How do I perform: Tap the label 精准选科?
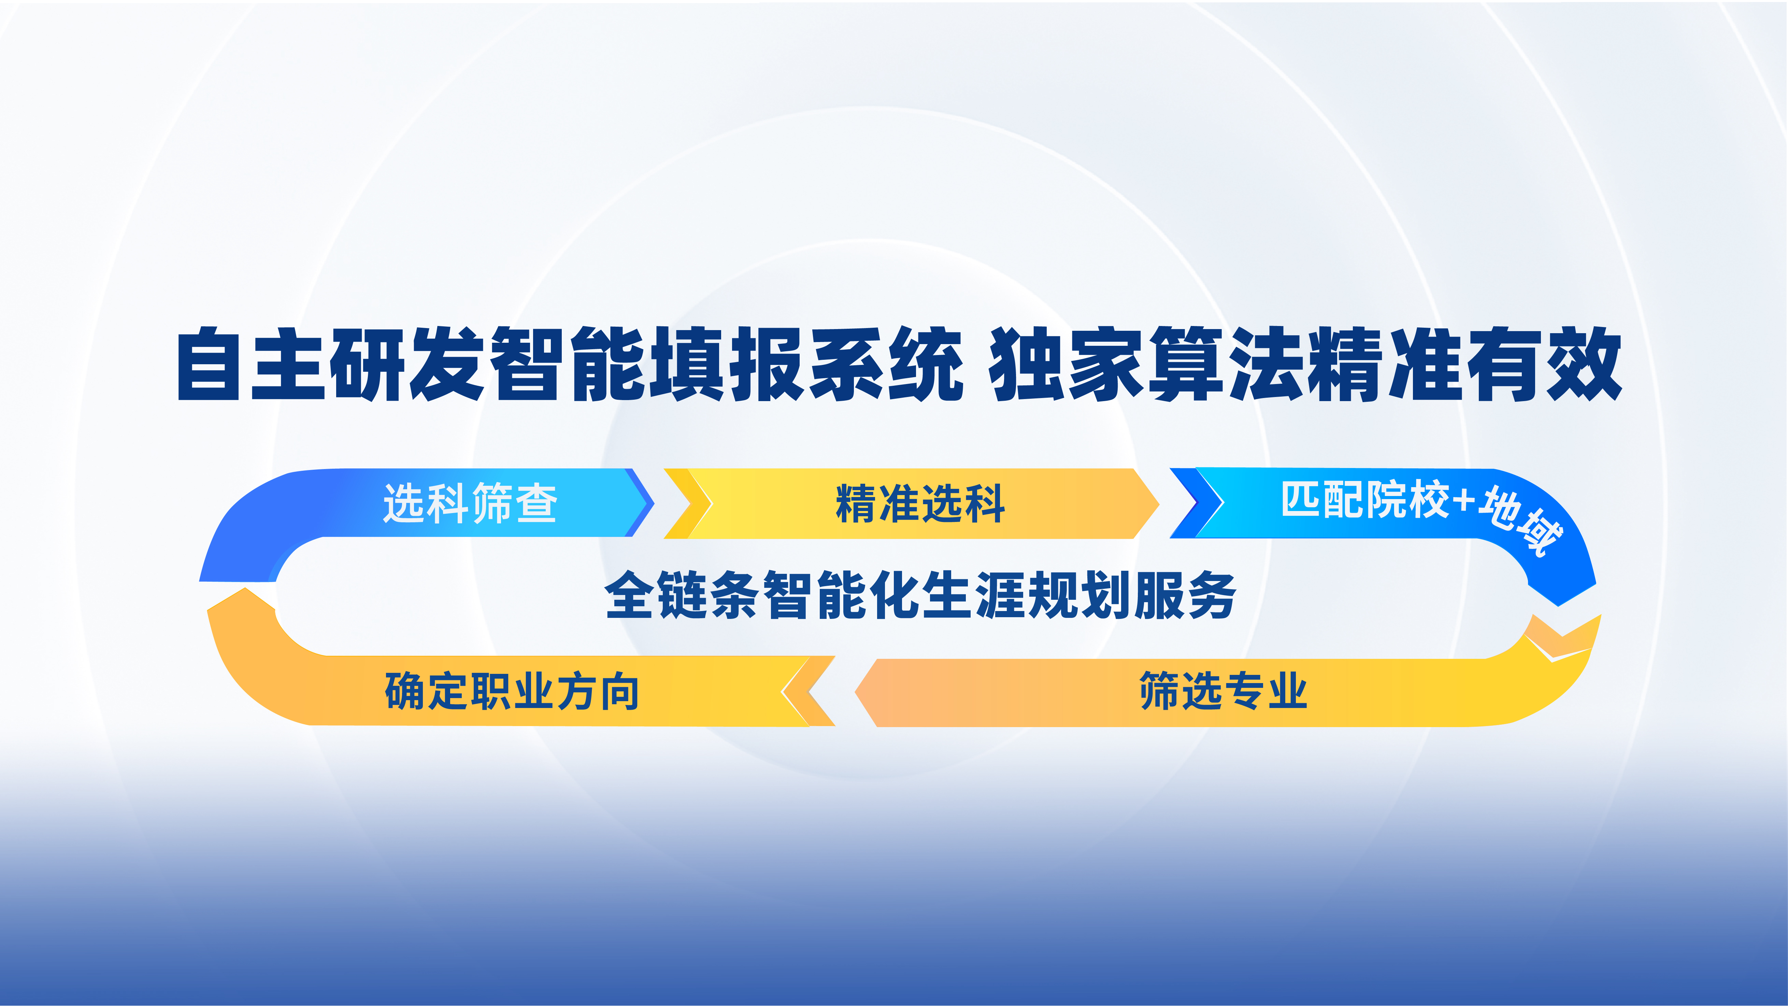[920, 504]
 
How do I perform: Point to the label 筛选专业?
[1224, 691]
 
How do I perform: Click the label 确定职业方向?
[512, 691]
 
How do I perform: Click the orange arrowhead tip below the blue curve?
[246, 589]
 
